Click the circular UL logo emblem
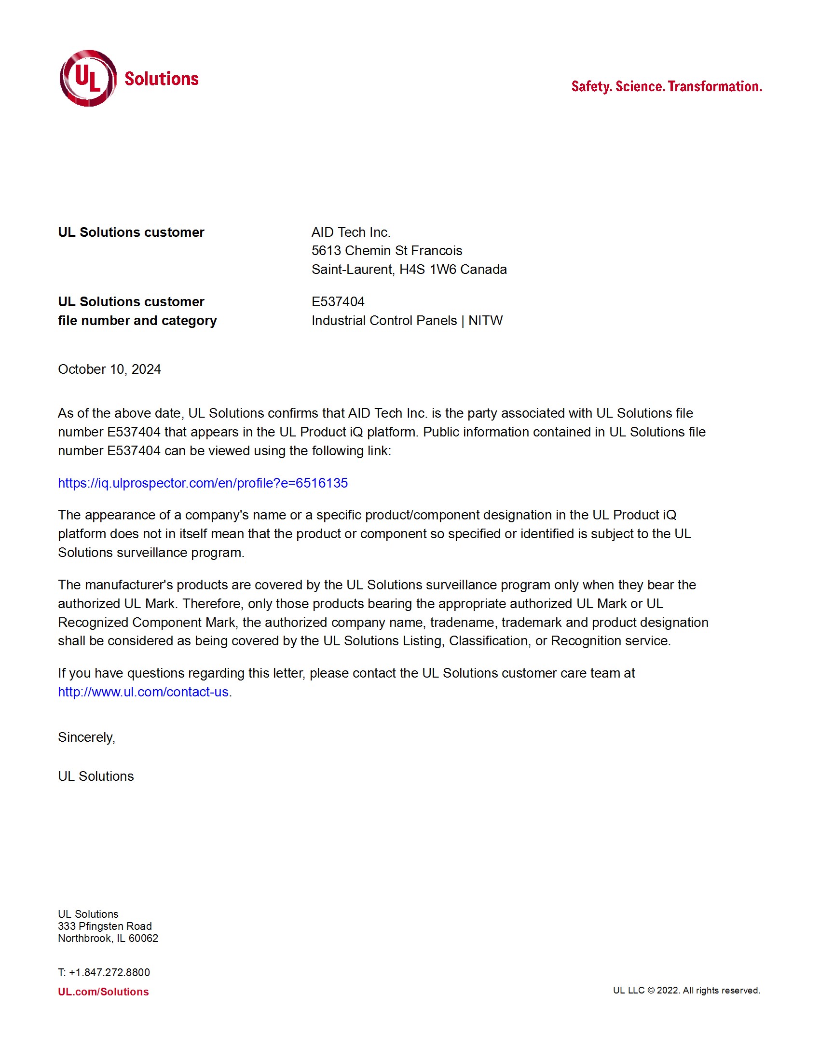[x=88, y=78]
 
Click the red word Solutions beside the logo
[x=161, y=79]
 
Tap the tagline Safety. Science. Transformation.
[x=666, y=87]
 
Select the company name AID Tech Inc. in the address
[x=351, y=232]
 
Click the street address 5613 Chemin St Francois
[x=387, y=251]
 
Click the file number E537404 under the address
[x=338, y=302]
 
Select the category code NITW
[x=485, y=321]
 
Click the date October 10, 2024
[x=109, y=369]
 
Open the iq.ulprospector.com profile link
[x=203, y=483]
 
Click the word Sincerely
[x=86, y=737]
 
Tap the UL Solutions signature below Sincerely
[x=96, y=776]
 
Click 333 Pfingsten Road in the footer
[x=105, y=926]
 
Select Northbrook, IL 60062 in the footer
[x=108, y=938]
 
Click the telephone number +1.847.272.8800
[x=109, y=972]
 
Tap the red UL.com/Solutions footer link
[x=103, y=992]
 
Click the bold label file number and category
[x=137, y=321]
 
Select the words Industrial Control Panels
[x=384, y=321]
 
